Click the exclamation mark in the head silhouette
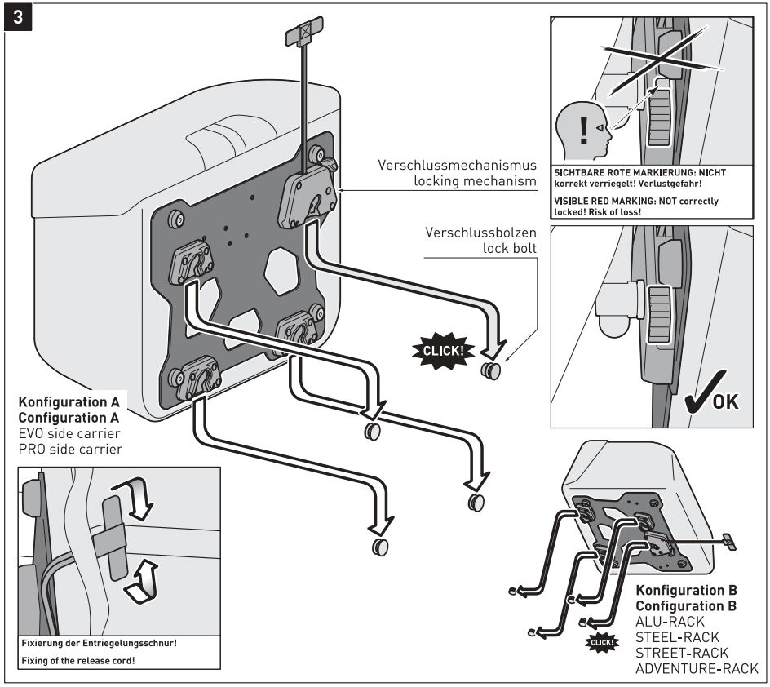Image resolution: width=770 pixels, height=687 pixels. [581, 128]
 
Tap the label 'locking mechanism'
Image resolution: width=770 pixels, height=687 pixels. [469, 181]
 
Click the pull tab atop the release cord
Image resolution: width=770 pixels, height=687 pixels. [301, 35]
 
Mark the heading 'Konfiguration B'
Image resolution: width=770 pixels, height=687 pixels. [685, 591]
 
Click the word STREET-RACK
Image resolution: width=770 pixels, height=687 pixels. [683, 654]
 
